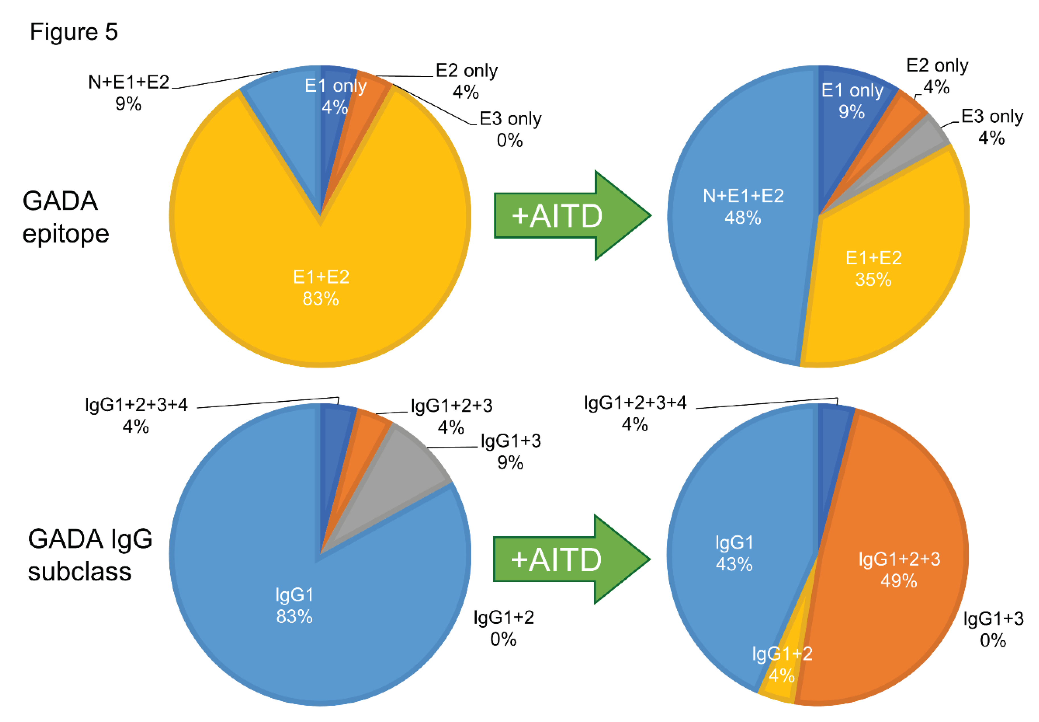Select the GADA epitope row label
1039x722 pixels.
[65, 217]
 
